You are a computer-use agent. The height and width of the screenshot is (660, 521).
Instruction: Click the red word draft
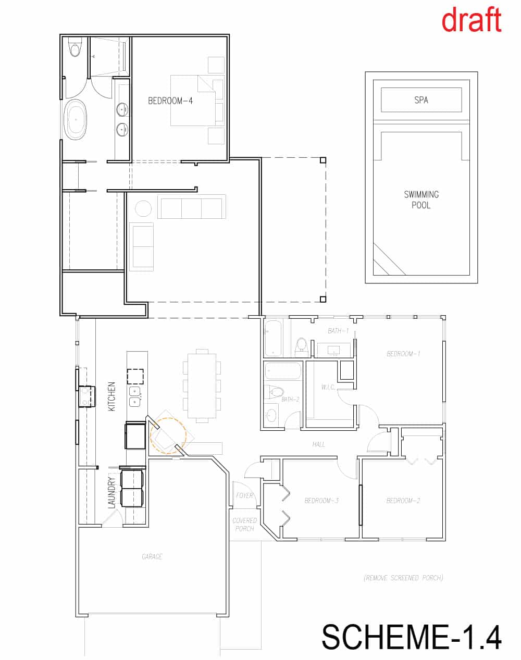coord(472,19)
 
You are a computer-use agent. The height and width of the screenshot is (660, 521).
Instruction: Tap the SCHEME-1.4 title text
coord(412,637)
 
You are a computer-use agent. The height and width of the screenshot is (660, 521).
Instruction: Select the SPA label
coord(421,100)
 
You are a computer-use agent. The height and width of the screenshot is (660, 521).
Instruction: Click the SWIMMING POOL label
coord(421,200)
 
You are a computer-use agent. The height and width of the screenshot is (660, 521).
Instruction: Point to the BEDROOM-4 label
coord(170,101)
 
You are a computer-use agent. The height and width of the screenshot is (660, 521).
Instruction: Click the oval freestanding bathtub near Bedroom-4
coord(75,120)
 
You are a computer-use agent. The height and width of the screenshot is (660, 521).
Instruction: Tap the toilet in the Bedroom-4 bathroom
coord(75,47)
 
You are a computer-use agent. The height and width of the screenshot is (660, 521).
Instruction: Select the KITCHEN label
coord(111,396)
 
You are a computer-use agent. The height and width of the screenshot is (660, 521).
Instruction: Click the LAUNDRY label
coord(111,493)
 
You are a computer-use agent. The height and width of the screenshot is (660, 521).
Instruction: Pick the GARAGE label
coord(152,556)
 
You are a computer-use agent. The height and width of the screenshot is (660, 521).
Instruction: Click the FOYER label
coord(244,495)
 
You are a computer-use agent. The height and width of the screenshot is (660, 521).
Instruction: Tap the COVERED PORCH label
coord(244,525)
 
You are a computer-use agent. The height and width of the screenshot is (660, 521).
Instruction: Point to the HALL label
coord(318,444)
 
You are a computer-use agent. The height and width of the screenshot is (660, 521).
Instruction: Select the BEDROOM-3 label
coord(321,501)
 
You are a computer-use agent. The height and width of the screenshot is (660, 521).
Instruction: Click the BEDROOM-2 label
coord(403,501)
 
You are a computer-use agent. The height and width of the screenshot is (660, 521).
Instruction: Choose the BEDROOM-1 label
coord(403,354)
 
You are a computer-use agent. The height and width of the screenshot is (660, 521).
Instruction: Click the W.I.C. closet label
coord(328,388)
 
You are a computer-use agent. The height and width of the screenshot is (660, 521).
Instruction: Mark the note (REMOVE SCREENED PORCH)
coord(403,578)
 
